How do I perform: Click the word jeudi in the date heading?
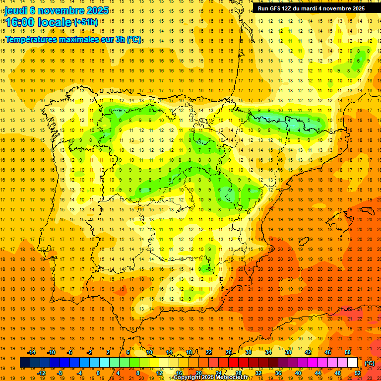16,10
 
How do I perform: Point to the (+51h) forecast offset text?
86,22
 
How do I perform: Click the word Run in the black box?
263,8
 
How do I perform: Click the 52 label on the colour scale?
358,373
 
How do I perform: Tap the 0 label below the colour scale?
98,373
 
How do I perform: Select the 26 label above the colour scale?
229,352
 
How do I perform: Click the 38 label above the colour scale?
288,352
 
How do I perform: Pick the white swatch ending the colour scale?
352,363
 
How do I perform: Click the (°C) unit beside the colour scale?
370,363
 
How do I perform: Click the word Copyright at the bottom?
188,378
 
